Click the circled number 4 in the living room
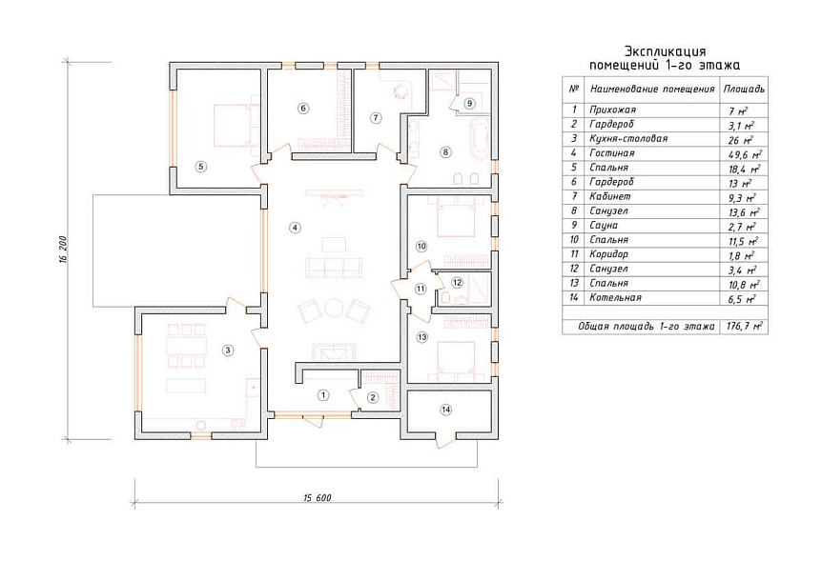(x=296, y=228)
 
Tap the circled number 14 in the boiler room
(x=446, y=410)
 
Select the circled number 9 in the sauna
(x=469, y=103)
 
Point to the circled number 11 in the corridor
(x=421, y=289)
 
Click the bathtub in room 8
(x=479, y=140)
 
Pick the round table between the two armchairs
(x=334, y=308)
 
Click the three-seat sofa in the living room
(x=334, y=267)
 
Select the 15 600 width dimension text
(x=318, y=498)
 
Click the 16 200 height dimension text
(x=64, y=250)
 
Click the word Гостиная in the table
(x=612, y=152)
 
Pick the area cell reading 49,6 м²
(x=745, y=154)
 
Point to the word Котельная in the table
(x=615, y=297)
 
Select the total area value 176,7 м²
(x=745, y=326)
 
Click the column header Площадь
(x=744, y=89)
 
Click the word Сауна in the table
(x=604, y=225)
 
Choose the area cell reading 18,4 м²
(x=745, y=169)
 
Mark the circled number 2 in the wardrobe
(x=373, y=398)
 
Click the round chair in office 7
(x=401, y=90)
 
